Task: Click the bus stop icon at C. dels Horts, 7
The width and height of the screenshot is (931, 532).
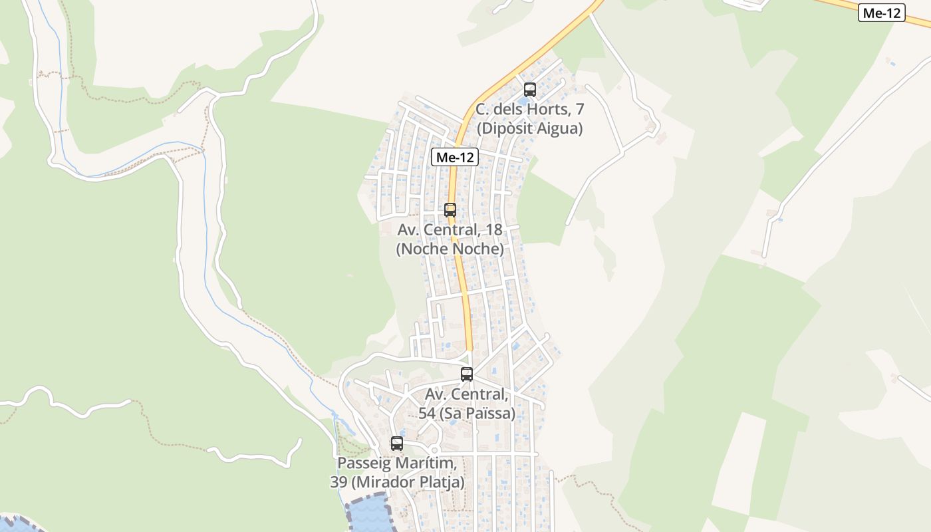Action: coord(530,89)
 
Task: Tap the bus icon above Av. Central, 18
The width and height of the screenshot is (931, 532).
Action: coord(450,210)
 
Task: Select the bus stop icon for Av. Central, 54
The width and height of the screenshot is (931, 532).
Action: coord(467,374)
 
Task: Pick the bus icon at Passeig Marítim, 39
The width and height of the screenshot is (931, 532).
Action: coord(397,444)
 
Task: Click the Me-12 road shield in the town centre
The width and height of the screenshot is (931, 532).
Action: coord(455,158)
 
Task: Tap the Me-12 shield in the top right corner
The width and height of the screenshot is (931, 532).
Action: coord(882,13)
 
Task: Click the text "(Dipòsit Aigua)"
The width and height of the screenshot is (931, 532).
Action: coord(529,129)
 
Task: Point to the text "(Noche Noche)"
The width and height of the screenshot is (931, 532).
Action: coord(450,249)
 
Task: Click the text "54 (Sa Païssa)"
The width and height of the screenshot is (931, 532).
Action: coord(467,414)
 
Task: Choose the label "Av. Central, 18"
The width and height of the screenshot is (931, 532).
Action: coord(450,230)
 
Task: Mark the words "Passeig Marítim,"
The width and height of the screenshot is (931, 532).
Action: coord(397,463)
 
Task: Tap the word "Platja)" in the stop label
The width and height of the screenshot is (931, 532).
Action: coord(441,482)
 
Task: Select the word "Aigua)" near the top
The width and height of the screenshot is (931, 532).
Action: coord(559,129)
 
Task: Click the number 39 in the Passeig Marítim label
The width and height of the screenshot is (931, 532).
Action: coord(338,482)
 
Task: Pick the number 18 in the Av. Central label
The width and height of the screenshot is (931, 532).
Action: coord(492,230)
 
